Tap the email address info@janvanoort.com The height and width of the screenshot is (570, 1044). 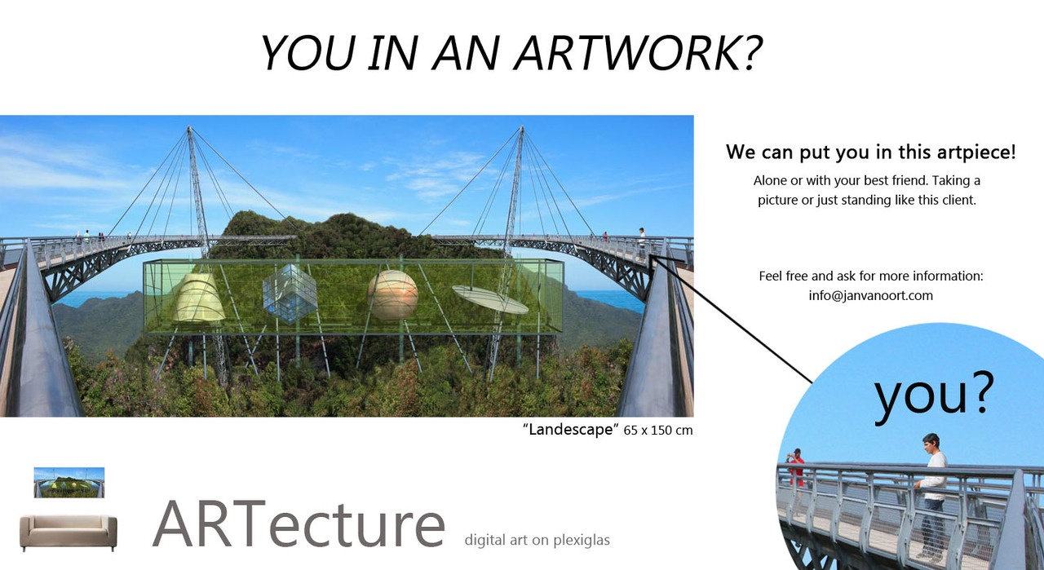click(870, 295)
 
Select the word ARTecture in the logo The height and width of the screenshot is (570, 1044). click(299, 524)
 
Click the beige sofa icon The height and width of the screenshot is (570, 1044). click(68, 533)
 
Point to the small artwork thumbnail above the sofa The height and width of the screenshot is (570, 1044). click(69, 483)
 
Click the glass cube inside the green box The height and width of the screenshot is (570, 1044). click(290, 294)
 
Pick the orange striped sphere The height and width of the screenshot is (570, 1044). click(392, 295)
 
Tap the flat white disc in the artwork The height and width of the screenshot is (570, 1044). click(490, 300)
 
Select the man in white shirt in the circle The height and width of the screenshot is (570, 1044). click(932, 496)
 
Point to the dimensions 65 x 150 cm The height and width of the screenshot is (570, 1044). click(658, 431)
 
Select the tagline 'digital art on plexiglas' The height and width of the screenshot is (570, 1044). click(537, 540)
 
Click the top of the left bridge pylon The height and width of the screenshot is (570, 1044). click(188, 127)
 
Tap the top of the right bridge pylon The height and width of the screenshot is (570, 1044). click(521, 127)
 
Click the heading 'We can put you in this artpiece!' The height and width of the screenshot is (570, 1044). click(870, 152)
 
